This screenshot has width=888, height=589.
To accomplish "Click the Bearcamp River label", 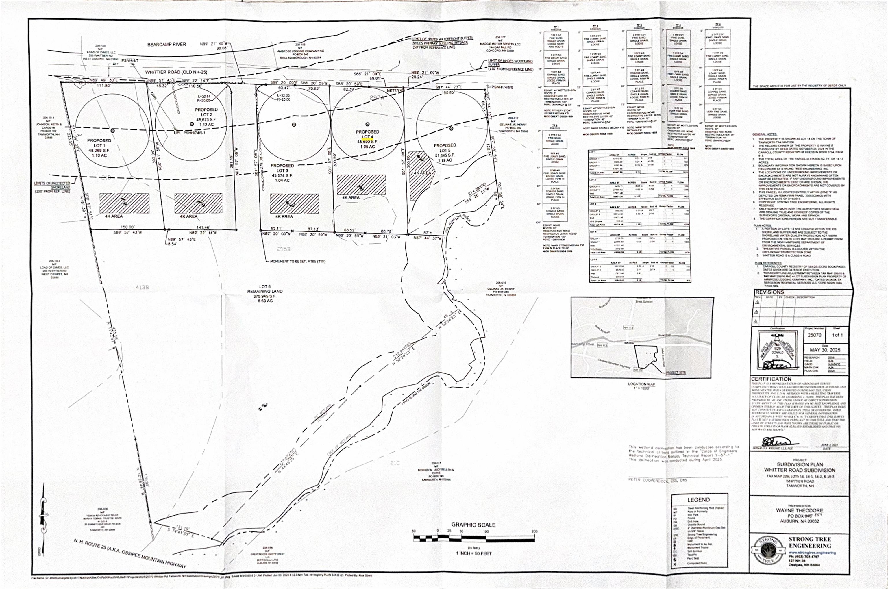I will click(x=166, y=44).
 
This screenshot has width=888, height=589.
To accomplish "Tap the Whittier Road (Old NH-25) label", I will click(x=176, y=72).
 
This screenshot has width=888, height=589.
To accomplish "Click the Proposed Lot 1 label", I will click(x=99, y=143).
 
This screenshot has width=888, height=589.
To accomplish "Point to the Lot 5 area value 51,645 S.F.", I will click(x=445, y=155).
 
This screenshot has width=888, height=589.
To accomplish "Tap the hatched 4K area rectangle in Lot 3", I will click(x=294, y=203).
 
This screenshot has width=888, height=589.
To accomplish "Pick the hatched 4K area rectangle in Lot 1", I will click(x=124, y=203).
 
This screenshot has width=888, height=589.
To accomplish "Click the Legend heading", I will click(x=698, y=500).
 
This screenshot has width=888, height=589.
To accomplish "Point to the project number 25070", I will click(x=814, y=335).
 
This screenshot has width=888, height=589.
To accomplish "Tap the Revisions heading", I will click(x=769, y=292).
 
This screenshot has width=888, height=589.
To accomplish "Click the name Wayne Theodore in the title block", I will click(x=799, y=510).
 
